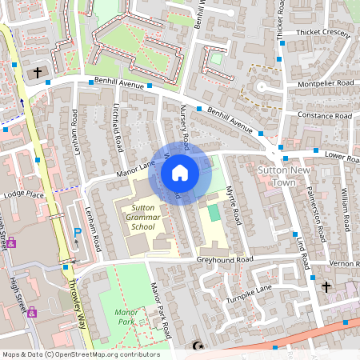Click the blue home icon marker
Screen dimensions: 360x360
click(x=180, y=172)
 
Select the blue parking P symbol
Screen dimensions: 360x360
click(x=78, y=233)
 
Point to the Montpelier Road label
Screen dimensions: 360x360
click(x=323, y=83)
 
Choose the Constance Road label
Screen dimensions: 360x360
click(x=324, y=116)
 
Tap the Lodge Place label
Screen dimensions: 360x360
click(x=23, y=194)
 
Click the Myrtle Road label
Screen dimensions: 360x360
click(x=233, y=205)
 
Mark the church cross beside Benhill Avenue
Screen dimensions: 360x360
click(x=37, y=73)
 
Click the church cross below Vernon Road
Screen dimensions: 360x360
click(x=326, y=286)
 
